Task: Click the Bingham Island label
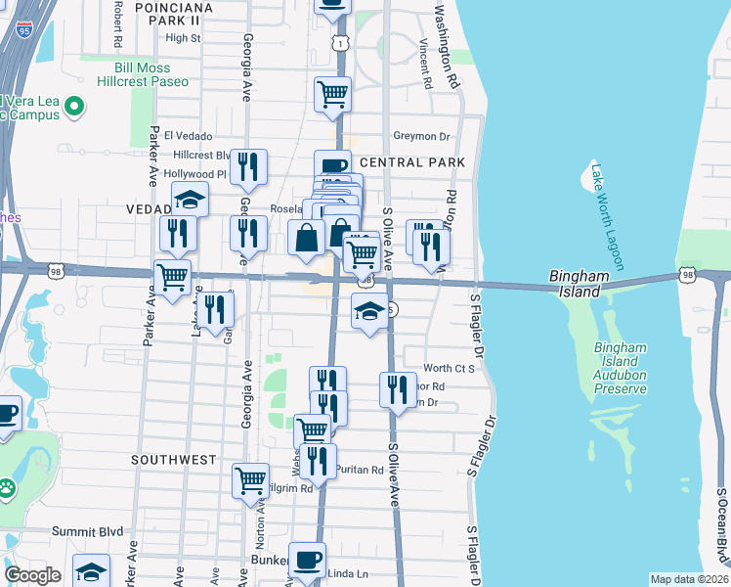pyautogui.click(x=580, y=285)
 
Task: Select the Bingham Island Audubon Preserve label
pyautogui.click(x=621, y=369)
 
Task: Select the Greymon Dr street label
pyautogui.click(x=421, y=136)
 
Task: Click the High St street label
pyautogui.click(x=183, y=38)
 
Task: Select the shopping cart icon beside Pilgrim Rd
pyautogui.click(x=250, y=479)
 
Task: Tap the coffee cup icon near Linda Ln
pyautogui.click(x=307, y=559)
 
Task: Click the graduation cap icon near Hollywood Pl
pyautogui.click(x=190, y=199)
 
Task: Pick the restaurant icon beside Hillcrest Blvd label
pyautogui.click(x=249, y=166)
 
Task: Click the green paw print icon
pyautogui.click(x=8, y=485)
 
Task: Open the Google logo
pyautogui.click(x=32, y=575)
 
